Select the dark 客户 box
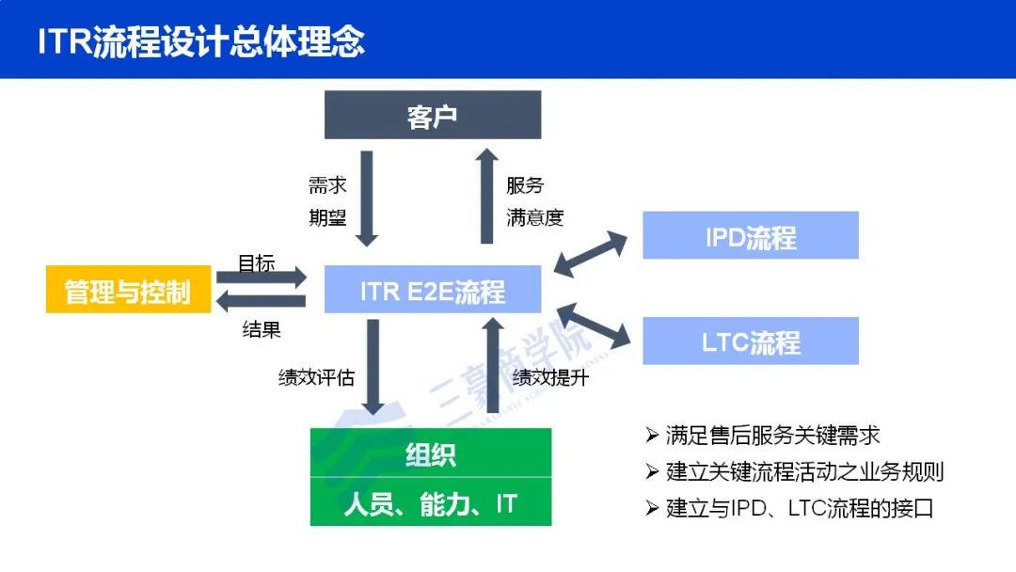[433, 116]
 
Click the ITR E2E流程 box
[433, 290]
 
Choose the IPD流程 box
[750, 236]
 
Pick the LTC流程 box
[750, 342]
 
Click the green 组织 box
[431, 454]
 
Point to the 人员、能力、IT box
[431, 504]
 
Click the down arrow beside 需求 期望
[368, 198]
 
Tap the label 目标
[256, 263]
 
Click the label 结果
[262, 330]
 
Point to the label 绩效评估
[317, 377]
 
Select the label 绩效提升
[550, 377]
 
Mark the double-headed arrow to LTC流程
[593, 324]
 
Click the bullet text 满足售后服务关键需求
[772, 436]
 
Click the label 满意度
[535, 218]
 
